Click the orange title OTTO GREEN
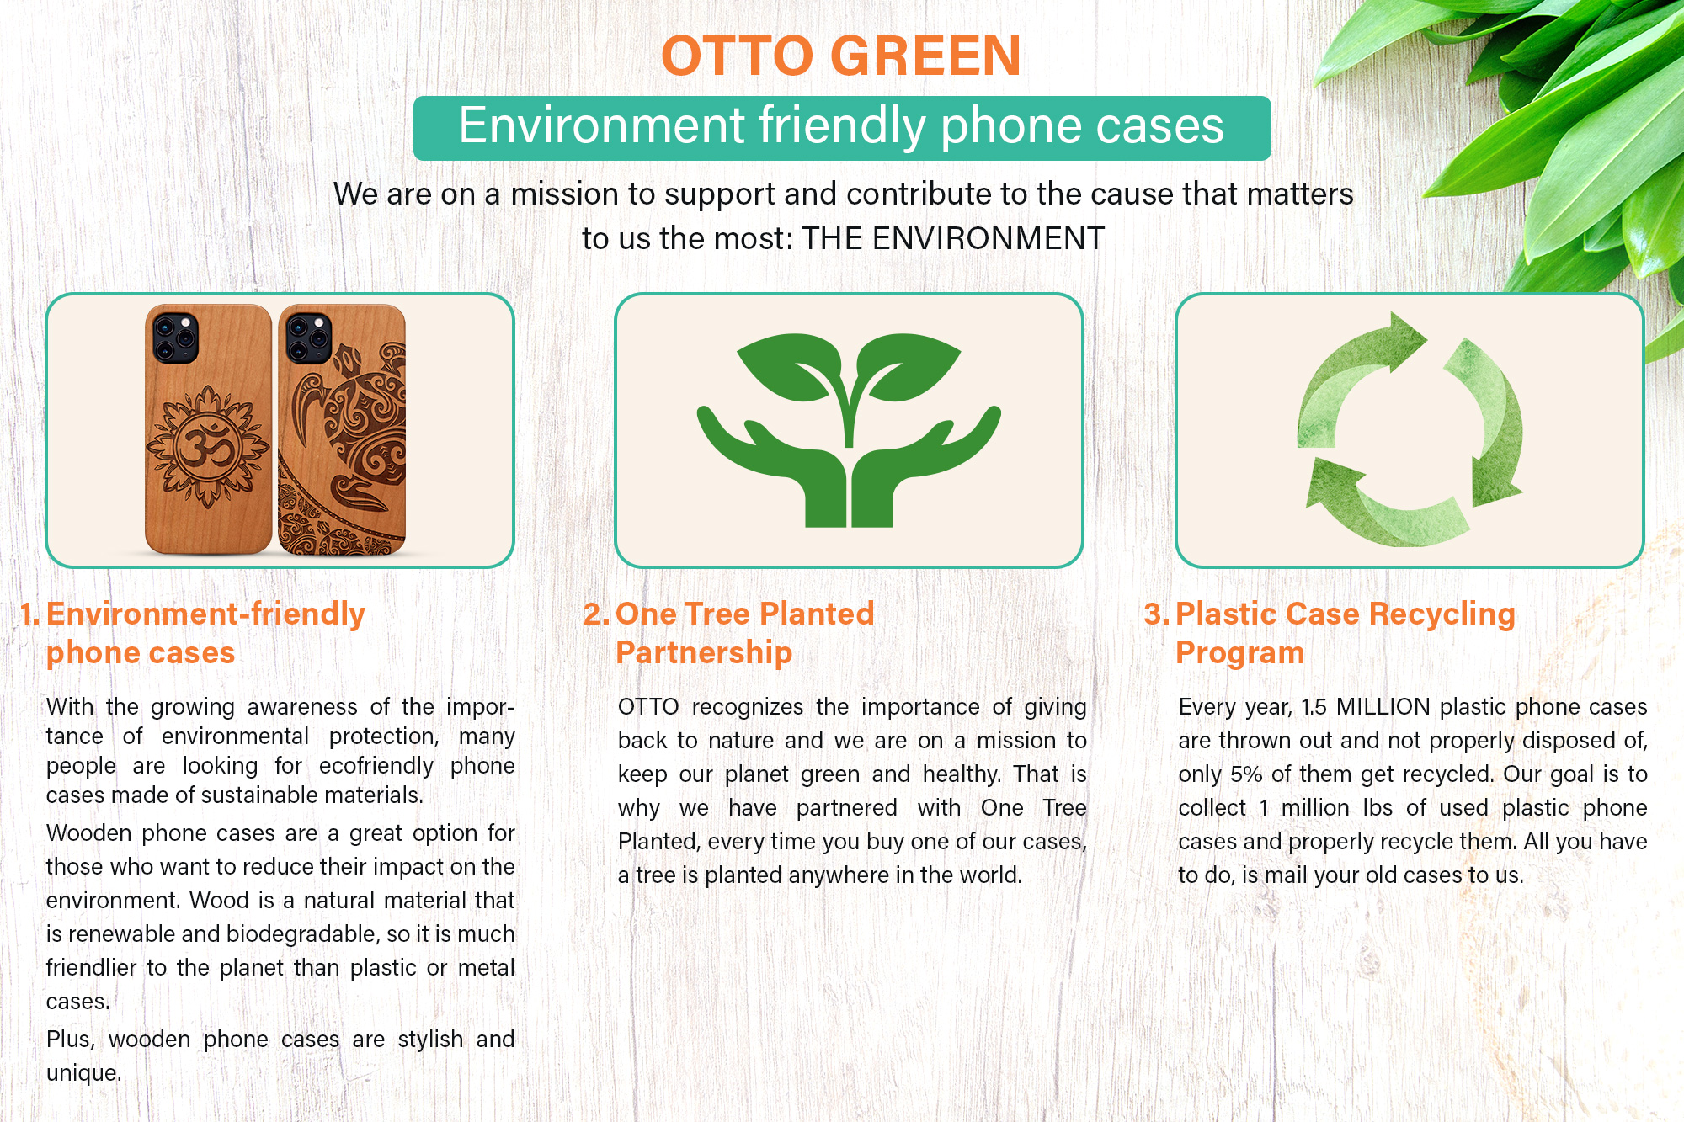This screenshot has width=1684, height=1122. [841, 56]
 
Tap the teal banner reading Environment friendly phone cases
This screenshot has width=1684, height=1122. [842, 128]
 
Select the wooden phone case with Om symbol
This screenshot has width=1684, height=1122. [208, 429]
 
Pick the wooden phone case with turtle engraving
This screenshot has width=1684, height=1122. [342, 429]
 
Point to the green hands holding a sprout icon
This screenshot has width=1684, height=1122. [849, 430]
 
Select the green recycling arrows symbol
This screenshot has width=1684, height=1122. [1410, 429]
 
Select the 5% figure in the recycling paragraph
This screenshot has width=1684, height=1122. [1246, 774]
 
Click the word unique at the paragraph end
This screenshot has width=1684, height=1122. [83, 1073]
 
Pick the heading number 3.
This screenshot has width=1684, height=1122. [1156, 614]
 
